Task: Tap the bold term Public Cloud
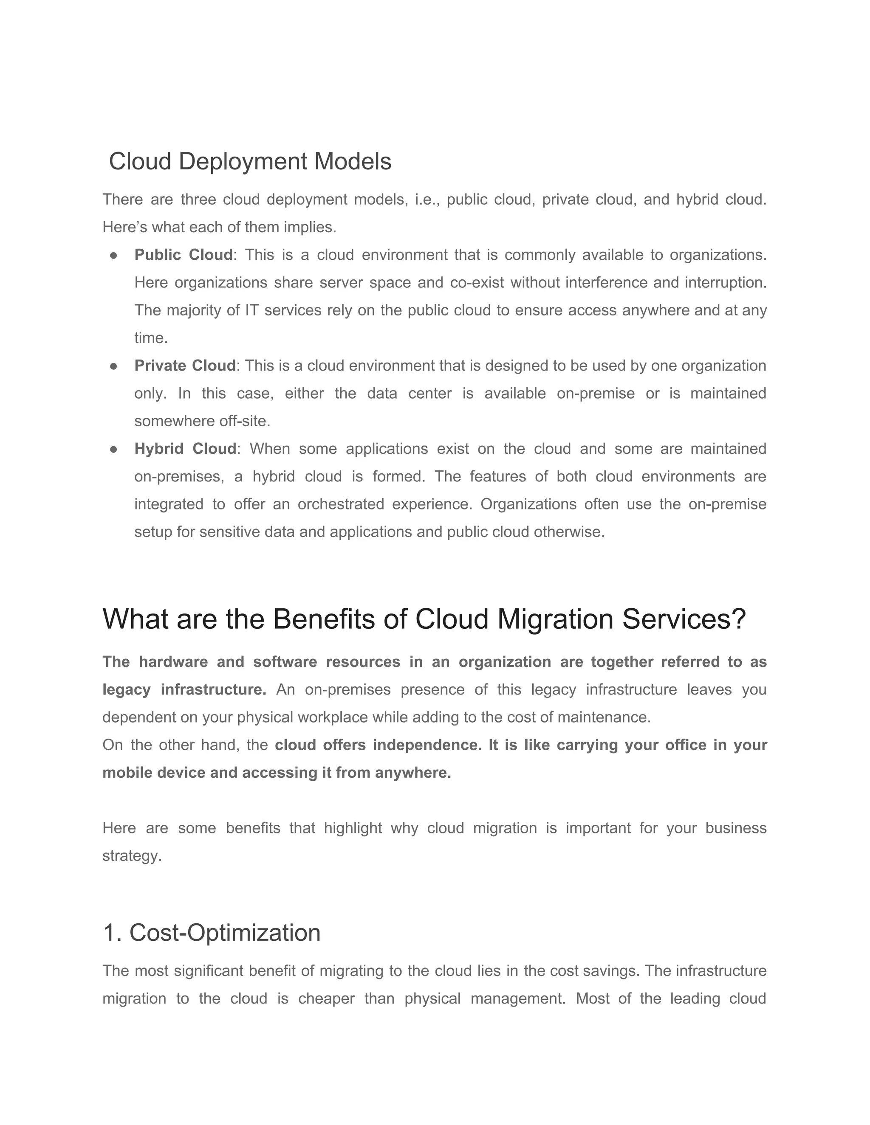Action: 184,255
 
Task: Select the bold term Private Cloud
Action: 184,366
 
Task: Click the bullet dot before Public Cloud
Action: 114,256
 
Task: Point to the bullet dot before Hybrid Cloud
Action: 114,449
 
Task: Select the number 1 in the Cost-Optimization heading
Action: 111,933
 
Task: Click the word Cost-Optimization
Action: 225,933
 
